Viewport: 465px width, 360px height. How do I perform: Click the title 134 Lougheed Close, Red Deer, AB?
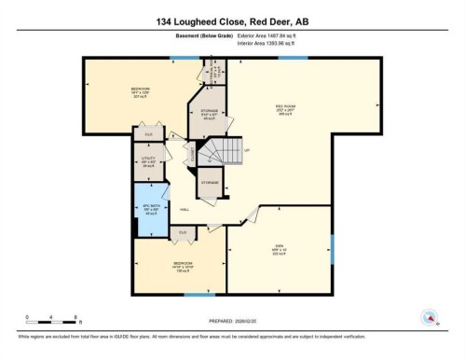(231, 18)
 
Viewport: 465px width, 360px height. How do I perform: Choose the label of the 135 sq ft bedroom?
(184, 266)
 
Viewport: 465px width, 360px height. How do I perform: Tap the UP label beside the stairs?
(248, 149)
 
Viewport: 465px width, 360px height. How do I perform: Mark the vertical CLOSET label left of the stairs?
(194, 154)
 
